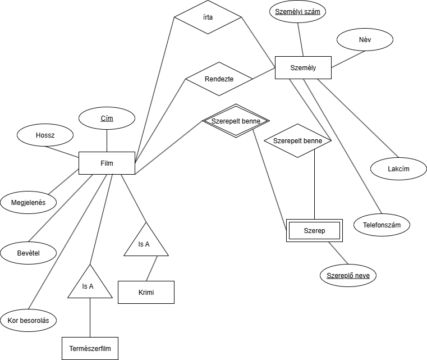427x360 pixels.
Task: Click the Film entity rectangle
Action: tap(107, 163)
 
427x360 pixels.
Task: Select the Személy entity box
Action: tap(303, 68)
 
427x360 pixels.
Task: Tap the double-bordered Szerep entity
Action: tap(314, 230)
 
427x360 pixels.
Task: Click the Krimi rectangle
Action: tap(146, 292)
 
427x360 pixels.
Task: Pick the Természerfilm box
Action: tap(90, 348)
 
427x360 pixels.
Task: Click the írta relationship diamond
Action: tap(208, 17)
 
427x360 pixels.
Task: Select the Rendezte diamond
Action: tap(219, 79)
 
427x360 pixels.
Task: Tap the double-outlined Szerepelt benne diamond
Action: tap(236, 121)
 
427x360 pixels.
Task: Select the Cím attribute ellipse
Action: tap(107, 119)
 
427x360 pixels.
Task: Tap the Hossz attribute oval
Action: tap(45, 135)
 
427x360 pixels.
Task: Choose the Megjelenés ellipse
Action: tap(28, 202)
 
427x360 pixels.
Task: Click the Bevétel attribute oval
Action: tap(28, 253)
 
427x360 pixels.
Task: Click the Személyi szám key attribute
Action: tap(297, 12)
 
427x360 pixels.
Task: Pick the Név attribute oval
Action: tap(365, 40)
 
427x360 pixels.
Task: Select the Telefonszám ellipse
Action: tap(382, 225)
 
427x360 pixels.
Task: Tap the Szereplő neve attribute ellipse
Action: tap(348, 275)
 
